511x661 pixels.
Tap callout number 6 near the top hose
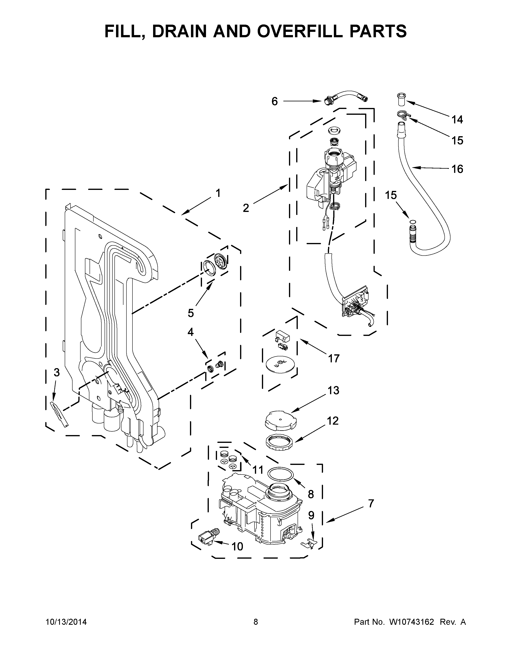tap(274, 101)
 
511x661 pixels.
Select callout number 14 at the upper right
tap(457, 120)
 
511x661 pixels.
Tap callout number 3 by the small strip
tap(57, 373)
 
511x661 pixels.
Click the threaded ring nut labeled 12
tap(280, 445)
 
